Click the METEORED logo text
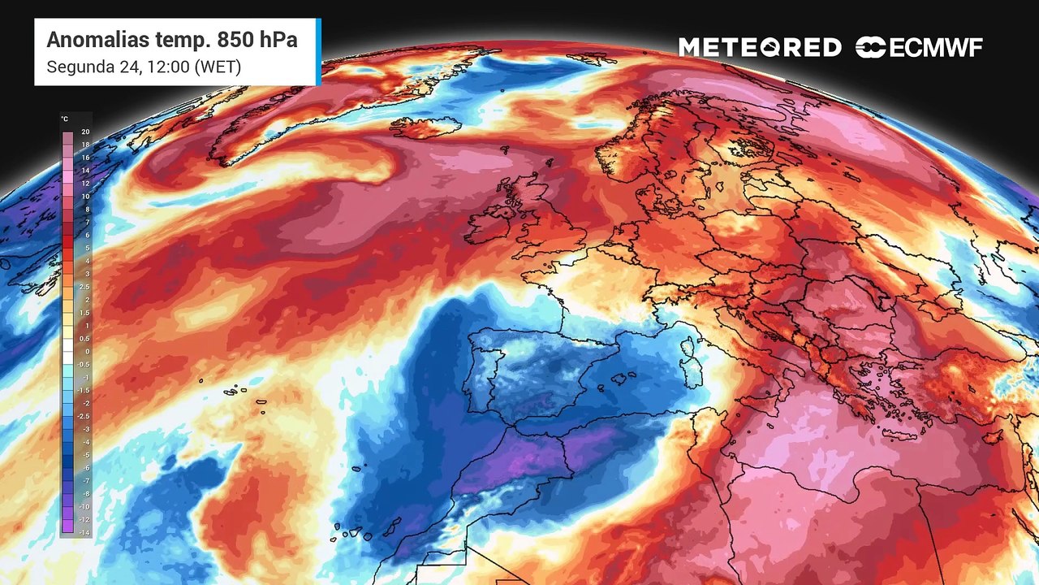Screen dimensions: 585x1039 (x=760, y=48)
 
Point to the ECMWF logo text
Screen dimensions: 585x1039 (x=935, y=48)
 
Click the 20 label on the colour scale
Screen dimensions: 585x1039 (x=85, y=132)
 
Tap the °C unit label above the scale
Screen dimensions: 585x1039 (x=64, y=119)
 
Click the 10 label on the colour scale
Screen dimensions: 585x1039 (x=85, y=197)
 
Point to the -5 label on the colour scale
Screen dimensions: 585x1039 (x=85, y=455)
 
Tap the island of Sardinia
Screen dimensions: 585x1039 (x=691, y=368)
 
